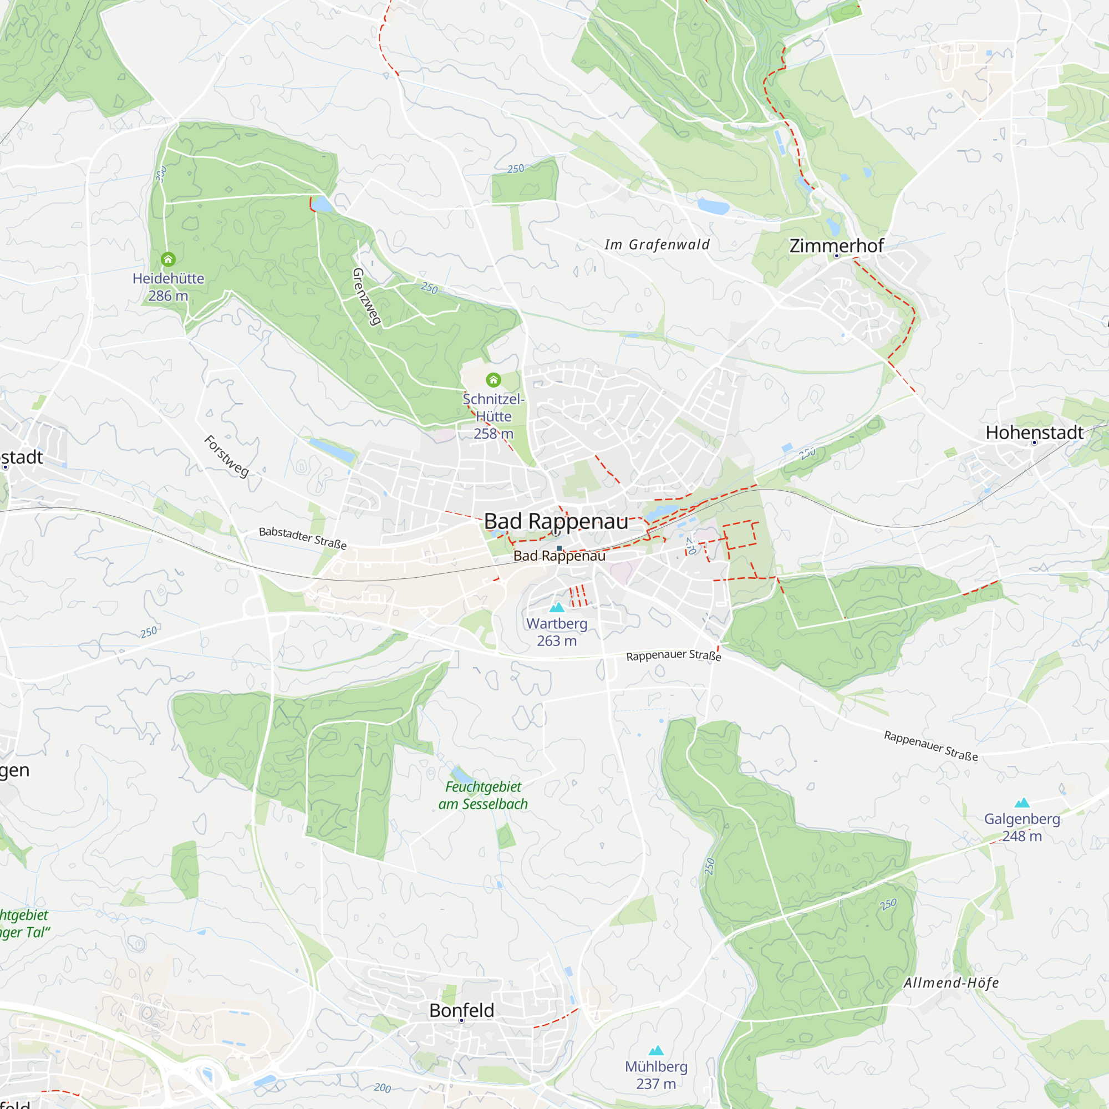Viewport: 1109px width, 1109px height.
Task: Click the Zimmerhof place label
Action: tap(836, 246)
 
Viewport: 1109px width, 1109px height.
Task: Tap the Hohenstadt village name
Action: tap(1034, 433)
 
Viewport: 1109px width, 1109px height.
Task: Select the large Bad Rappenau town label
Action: tap(556, 521)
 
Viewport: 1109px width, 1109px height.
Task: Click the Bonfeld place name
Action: tap(461, 1010)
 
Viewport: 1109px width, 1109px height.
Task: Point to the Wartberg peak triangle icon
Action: tap(557, 607)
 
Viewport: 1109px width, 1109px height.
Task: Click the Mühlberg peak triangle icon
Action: tap(656, 1051)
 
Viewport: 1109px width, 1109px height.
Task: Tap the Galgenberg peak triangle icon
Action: tap(1022, 802)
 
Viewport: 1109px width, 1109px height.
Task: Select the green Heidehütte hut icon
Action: tap(168, 260)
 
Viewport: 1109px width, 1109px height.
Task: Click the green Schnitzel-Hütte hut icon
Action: tap(494, 379)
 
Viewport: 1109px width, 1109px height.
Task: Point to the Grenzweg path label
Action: tap(367, 297)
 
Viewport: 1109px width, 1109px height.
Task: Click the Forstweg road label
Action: tap(227, 456)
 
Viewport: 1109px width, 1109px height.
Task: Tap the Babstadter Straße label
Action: tap(303, 538)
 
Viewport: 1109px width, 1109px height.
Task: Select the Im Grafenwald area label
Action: tap(657, 245)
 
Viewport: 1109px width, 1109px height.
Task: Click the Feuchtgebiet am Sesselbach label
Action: tap(483, 795)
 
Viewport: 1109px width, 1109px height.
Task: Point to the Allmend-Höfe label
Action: tap(951, 983)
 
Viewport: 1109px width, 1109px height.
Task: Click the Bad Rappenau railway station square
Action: tap(559, 548)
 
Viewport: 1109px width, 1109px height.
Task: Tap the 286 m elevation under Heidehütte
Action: tap(168, 296)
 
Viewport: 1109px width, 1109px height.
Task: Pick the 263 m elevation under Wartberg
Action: tap(557, 640)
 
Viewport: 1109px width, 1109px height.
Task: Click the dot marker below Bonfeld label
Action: tap(461, 1021)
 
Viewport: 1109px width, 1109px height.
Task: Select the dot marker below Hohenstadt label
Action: tap(1034, 442)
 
